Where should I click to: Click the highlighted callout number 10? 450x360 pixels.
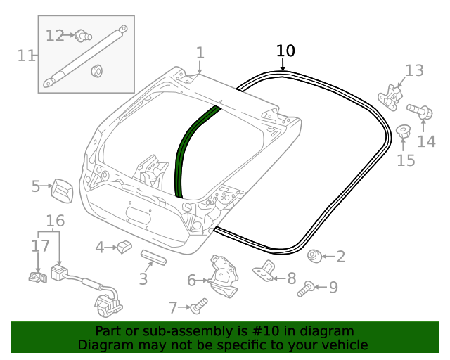(285, 51)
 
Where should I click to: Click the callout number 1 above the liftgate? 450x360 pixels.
(200, 53)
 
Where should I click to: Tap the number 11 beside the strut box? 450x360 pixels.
(27, 56)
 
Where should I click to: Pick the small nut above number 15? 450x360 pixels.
(404, 131)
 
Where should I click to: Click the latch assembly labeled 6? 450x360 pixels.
(223, 278)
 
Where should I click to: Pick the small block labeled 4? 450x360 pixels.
(125, 245)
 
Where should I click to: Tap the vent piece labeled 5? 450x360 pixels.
(61, 190)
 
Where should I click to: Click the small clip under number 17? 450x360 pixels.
(37, 278)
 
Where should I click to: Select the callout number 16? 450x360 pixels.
(56, 221)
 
